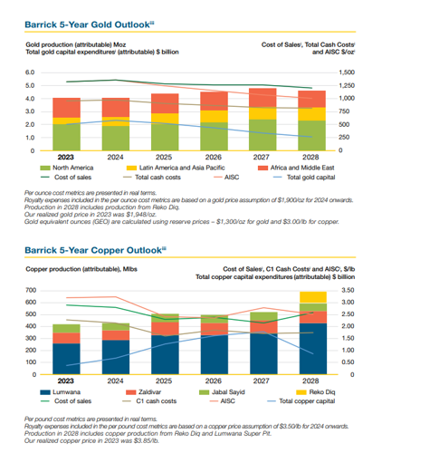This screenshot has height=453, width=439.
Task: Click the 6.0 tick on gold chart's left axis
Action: pos(30,72)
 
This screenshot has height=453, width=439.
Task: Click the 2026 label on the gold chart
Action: pos(214,158)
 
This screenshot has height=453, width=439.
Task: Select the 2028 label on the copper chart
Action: pos(311,382)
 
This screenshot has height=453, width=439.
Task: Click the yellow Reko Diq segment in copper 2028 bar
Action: pos(311,297)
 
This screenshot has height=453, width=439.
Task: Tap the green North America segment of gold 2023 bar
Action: pos(66,137)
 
